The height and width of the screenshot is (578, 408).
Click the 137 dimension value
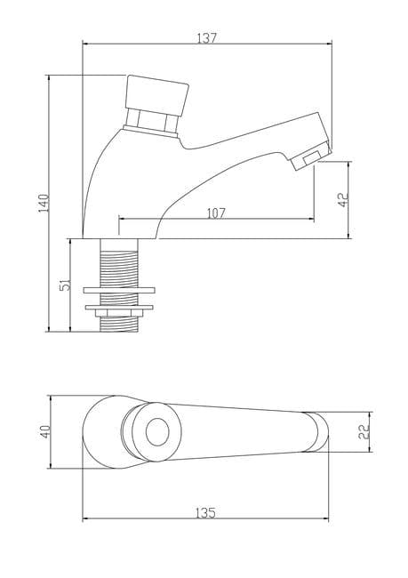click(x=207, y=38)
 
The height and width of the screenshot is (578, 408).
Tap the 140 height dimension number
click(x=44, y=203)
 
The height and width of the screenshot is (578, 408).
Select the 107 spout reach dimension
click(x=216, y=213)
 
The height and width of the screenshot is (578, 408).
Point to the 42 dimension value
click(x=343, y=200)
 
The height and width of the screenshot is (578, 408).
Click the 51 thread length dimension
click(x=65, y=285)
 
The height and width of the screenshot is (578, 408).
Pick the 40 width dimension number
click(x=45, y=431)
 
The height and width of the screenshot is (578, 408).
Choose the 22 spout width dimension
click(x=364, y=431)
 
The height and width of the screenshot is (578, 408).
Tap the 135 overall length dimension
click(x=205, y=513)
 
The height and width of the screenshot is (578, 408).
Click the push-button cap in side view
click(x=157, y=95)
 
